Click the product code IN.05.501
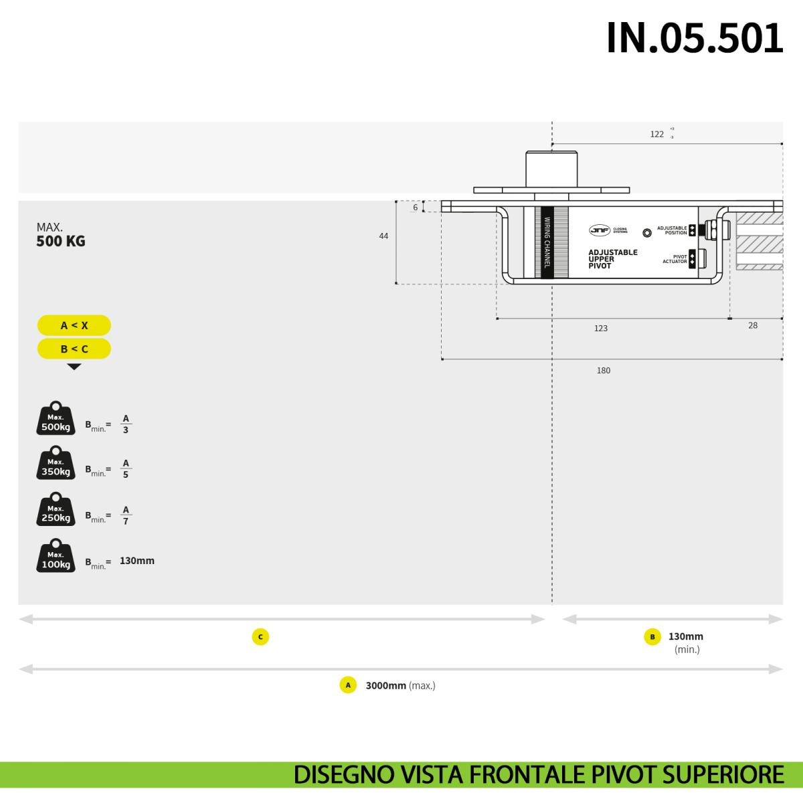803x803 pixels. (x=694, y=38)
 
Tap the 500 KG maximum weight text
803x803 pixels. (x=61, y=242)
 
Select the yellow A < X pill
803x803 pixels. (x=74, y=325)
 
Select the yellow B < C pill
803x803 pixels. (x=74, y=349)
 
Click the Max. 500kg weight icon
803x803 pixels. (x=56, y=420)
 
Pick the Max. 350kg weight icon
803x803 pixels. (x=56, y=464)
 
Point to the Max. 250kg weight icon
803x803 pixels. (x=56, y=511)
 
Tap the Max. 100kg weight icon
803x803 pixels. (x=56, y=557)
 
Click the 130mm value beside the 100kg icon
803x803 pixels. (x=137, y=561)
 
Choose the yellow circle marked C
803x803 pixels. (x=260, y=637)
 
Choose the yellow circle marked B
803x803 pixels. (x=652, y=637)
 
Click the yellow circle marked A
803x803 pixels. (x=348, y=685)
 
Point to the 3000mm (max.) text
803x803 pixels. (x=400, y=685)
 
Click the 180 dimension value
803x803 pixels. (x=604, y=371)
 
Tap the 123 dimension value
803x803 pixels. (x=601, y=329)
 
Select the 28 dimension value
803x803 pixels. (x=753, y=326)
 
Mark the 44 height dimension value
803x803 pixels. (x=383, y=236)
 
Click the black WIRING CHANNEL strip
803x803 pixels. (x=547, y=242)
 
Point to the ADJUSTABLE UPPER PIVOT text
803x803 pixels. (x=612, y=259)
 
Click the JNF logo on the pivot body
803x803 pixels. (x=600, y=230)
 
